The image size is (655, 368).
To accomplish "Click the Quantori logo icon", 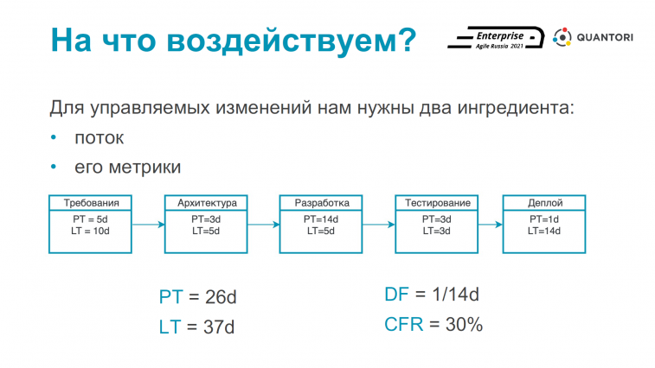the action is (x=562, y=37).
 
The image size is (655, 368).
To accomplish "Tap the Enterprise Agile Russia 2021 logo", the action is (x=496, y=38).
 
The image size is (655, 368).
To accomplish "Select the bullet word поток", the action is (x=99, y=137).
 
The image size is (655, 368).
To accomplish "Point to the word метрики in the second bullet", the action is (x=144, y=167).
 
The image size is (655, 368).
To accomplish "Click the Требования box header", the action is (x=91, y=203).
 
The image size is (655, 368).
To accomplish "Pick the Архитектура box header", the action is (x=206, y=203).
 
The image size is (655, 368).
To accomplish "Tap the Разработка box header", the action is (x=321, y=203).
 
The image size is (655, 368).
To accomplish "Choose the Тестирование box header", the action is (x=437, y=203).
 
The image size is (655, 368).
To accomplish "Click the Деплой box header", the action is (x=545, y=203).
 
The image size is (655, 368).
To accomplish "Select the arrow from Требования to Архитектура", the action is (x=148, y=225).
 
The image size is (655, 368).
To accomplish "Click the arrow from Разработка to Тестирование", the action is (x=379, y=225).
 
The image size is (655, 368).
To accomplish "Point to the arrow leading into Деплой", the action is (x=491, y=225).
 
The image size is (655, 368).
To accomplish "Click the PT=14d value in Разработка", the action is (x=321, y=219).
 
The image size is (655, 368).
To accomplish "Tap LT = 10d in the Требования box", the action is (x=90, y=231).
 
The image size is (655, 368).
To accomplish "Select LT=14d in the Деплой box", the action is (x=544, y=231).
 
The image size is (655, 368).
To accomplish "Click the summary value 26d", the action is (x=221, y=297).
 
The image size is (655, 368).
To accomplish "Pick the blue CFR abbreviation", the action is (x=403, y=324).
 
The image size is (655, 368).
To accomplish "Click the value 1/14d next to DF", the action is (x=455, y=295).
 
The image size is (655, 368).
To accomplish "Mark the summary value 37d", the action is (x=219, y=327).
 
